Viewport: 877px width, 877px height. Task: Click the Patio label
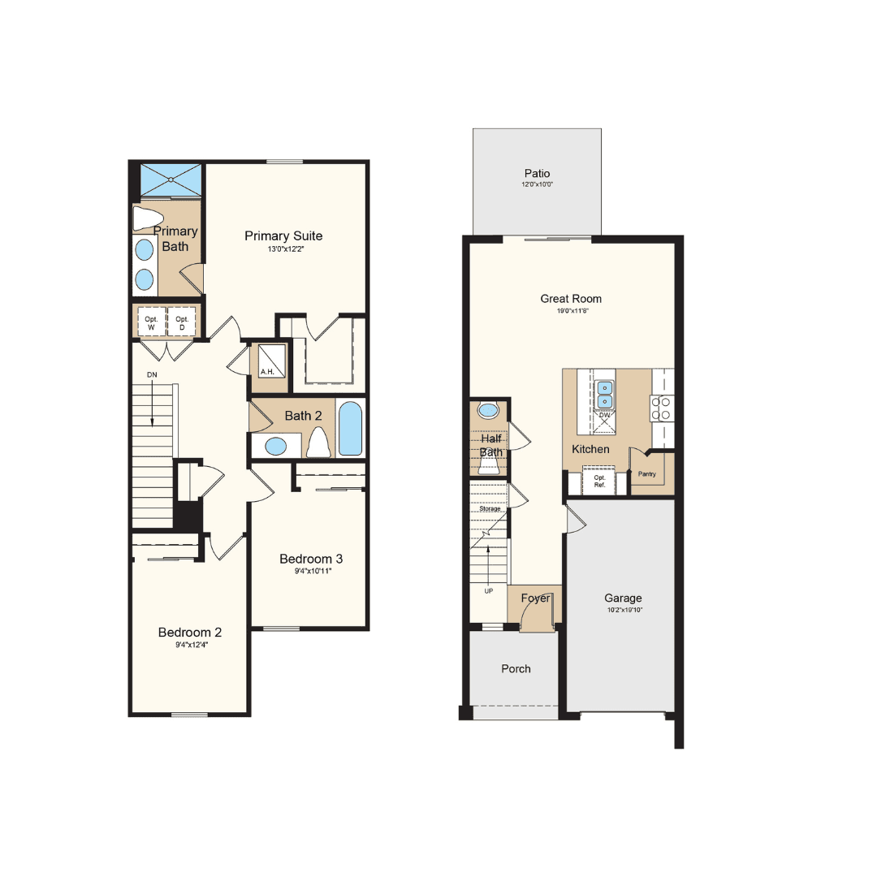coord(537,174)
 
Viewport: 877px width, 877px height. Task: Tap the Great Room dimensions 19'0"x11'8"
coord(572,310)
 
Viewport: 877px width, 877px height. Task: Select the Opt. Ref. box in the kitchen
coord(599,481)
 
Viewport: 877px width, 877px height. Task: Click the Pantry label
coord(646,473)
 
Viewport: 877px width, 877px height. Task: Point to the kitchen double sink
coord(604,395)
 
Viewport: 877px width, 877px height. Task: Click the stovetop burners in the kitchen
coord(661,408)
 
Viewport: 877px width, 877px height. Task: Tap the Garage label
coord(623,598)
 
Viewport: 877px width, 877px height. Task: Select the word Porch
coord(516,668)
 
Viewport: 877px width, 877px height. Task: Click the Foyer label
coord(535,598)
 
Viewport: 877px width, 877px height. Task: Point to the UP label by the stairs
coord(489,591)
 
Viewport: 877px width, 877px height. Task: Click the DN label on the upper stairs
coord(152,374)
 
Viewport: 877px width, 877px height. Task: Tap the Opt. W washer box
coord(152,322)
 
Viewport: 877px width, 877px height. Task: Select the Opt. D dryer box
coord(182,322)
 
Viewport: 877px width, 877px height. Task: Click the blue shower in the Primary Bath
coord(171,179)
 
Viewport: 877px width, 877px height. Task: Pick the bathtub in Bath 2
coord(351,429)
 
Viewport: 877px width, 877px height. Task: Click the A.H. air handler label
coord(267,371)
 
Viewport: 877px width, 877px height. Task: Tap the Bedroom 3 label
coord(311,559)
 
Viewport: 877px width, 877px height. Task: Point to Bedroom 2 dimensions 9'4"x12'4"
coord(192,645)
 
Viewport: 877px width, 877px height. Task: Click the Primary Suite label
coord(283,236)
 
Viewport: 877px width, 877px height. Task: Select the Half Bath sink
coord(488,410)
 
